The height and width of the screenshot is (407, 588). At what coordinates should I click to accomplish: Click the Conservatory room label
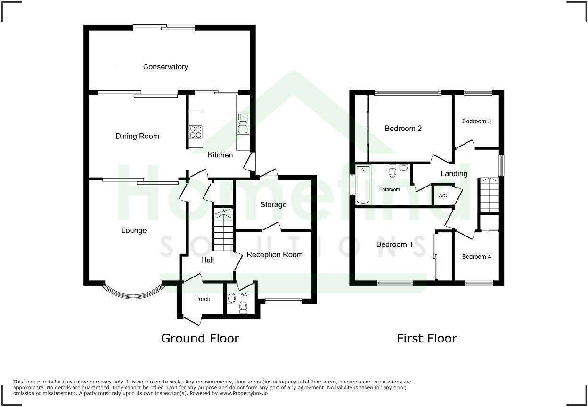point(165,67)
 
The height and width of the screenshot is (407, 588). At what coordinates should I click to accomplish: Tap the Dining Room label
point(137,136)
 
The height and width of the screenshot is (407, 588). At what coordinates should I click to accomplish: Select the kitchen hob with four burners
point(196,131)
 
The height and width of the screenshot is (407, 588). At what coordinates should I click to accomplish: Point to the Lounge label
point(134,230)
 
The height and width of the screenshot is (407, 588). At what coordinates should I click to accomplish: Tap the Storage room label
point(273,204)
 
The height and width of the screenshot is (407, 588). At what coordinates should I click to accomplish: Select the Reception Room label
point(275,254)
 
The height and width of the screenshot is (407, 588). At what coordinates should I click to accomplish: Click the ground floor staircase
point(223,231)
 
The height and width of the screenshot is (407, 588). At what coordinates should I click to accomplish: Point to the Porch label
point(203,299)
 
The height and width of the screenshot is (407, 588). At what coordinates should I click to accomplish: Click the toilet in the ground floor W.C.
point(243,307)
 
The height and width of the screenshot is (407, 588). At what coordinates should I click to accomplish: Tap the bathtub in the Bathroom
point(363,185)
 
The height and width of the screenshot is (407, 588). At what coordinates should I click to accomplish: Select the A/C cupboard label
point(443,195)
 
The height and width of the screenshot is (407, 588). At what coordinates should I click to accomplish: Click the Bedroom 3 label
point(476,121)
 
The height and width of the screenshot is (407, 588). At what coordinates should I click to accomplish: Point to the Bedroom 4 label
point(476,257)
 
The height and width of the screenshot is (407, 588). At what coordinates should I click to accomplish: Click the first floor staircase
point(489,195)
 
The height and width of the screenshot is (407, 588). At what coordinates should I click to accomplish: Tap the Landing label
point(454,173)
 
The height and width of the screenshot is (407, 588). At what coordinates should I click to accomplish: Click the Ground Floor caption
point(200,338)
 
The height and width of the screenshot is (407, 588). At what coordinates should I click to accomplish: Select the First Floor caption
point(426,338)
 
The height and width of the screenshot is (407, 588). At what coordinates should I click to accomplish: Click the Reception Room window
point(283,301)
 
